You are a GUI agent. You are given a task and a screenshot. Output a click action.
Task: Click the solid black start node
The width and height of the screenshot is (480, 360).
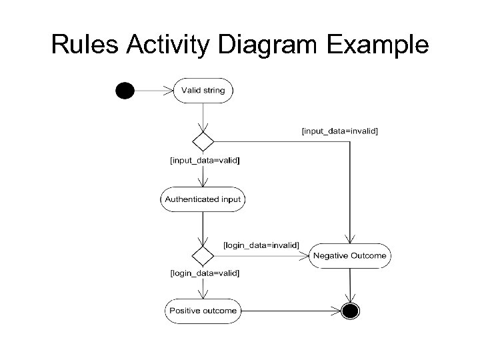[x=124, y=91]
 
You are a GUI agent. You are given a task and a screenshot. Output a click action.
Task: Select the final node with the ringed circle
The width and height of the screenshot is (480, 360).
[x=349, y=310]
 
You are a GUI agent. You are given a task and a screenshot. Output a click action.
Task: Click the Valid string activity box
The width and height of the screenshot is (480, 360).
[x=203, y=91]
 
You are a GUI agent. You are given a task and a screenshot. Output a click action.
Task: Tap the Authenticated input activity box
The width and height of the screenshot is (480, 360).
[x=203, y=199]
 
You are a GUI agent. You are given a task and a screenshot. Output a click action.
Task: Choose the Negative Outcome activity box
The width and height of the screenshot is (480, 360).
[x=349, y=256]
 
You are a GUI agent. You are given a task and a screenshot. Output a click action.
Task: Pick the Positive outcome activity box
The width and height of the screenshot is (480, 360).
[x=203, y=310]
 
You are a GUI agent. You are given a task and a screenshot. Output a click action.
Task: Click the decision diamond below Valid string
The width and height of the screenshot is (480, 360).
[x=203, y=141]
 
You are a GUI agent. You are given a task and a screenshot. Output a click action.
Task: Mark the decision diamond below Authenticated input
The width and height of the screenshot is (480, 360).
[x=203, y=255]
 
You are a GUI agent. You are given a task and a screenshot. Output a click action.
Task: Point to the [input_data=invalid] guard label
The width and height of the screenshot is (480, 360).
[x=340, y=131]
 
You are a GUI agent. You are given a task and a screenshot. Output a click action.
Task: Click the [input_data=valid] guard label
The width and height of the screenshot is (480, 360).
[x=205, y=161]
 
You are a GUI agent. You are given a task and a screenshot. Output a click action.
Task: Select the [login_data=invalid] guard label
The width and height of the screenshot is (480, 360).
[x=260, y=246]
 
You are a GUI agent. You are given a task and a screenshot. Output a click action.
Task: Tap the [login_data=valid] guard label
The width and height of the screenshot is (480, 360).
[x=205, y=273]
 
